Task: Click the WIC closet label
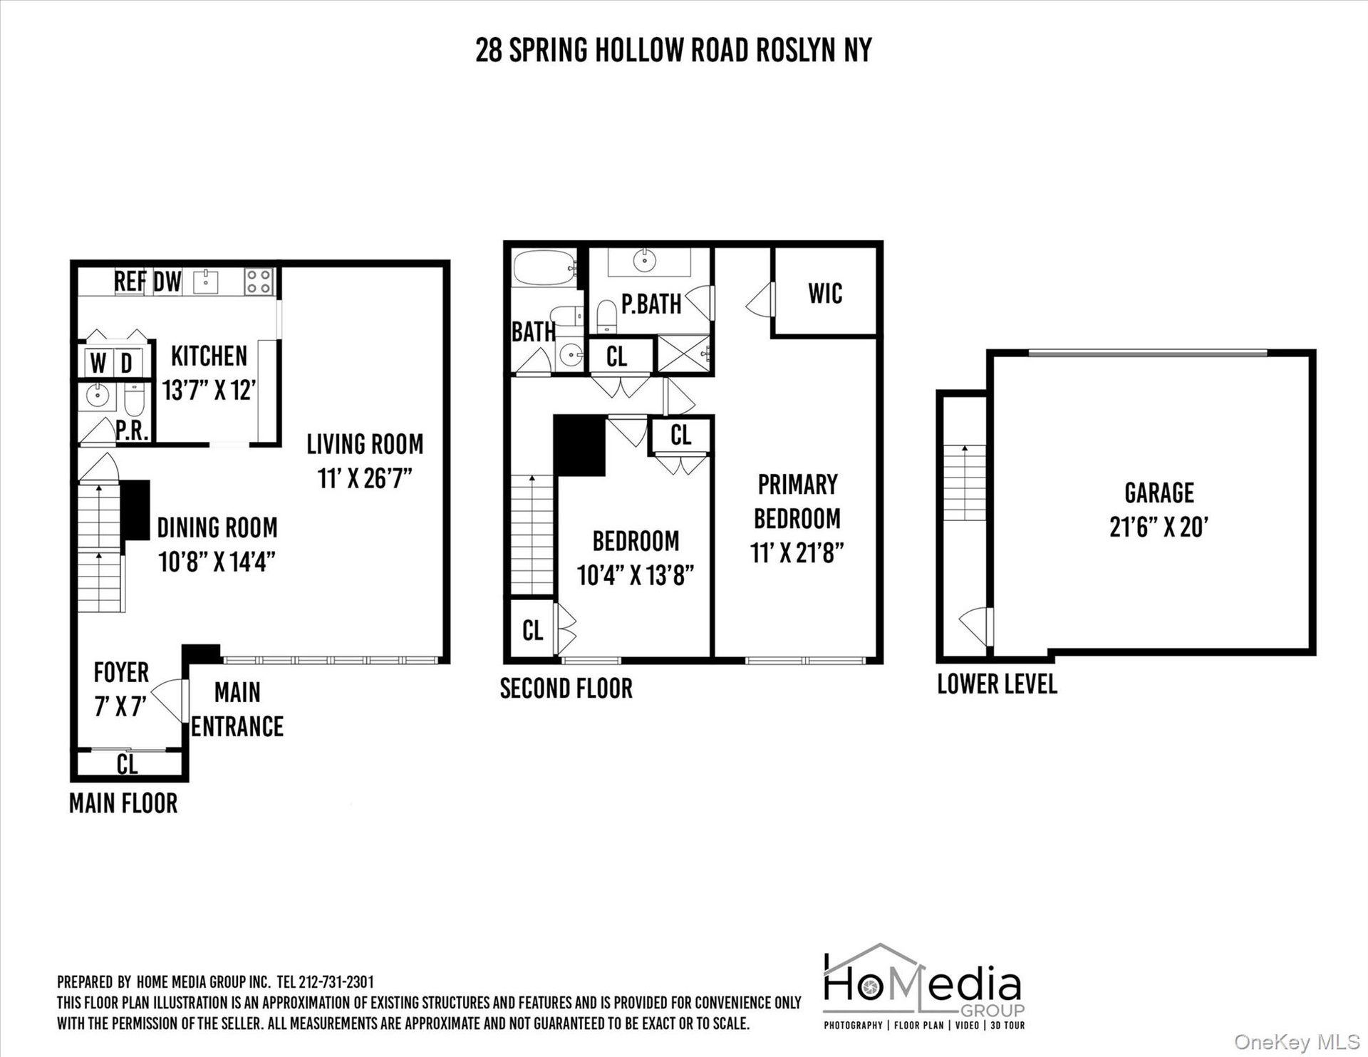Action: tap(825, 293)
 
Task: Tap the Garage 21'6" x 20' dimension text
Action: tap(1159, 527)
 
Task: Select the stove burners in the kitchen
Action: tap(258, 281)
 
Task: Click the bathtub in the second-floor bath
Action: tap(544, 268)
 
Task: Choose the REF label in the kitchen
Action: tap(130, 281)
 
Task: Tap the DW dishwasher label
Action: tap(167, 281)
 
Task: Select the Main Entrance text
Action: tap(237, 709)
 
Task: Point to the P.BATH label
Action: tap(651, 304)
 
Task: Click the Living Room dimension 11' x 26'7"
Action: tap(365, 478)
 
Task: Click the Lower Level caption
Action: tap(997, 684)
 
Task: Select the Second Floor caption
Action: tap(566, 689)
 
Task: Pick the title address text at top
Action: tap(673, 50)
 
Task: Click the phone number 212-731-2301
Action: tap(335, 982)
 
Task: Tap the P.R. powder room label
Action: tap(132, 430)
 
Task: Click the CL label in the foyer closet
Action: tap(127, 764)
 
